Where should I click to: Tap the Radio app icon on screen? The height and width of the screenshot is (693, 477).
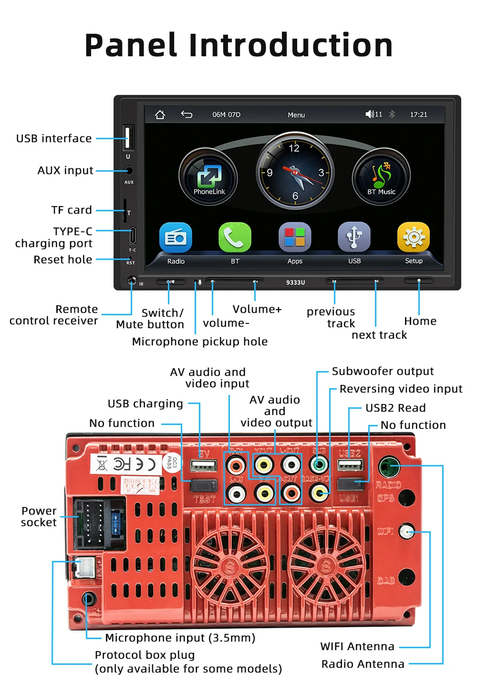pos(176,237)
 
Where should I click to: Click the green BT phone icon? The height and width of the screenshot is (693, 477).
pos(235,237)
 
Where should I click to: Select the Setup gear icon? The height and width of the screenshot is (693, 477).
pos(414,237)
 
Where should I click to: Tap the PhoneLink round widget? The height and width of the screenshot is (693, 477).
pos(208,177)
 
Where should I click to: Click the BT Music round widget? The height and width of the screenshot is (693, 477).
pos(381,177)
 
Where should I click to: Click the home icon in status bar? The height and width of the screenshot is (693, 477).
pos(160,114)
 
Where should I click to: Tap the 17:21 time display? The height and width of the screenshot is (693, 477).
pos(418,114)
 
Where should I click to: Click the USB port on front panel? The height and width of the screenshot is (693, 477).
pos(128,138)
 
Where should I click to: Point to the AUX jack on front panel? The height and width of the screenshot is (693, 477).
pos(129,170)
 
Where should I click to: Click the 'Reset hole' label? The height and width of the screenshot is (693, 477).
pos(63,259)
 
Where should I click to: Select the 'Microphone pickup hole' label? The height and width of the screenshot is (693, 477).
pos(199,341)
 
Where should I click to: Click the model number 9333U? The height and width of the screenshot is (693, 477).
pos(295,282)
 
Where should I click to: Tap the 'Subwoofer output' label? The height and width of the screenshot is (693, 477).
pos(383,371)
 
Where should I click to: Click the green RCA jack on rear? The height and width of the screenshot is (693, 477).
pos(319,464)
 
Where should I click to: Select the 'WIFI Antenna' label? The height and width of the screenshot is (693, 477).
pos(357,646)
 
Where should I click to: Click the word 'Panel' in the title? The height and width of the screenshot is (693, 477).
pos(131,45)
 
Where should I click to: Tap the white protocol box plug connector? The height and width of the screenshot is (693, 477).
pos(84,567)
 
